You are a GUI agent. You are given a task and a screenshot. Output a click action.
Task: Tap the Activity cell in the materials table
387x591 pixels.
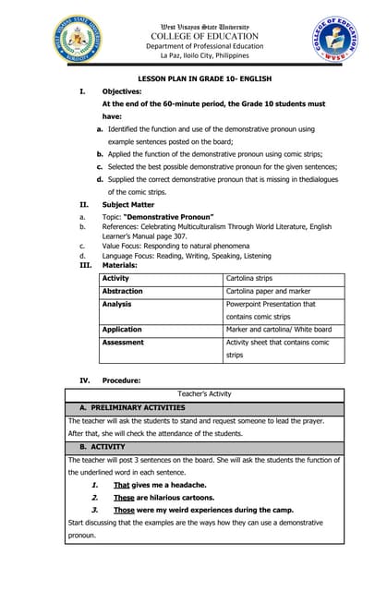(116, 278)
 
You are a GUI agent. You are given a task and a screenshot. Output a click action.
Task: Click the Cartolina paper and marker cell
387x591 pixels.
(268, 291)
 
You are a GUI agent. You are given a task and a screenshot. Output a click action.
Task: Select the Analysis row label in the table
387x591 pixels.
(116, 304)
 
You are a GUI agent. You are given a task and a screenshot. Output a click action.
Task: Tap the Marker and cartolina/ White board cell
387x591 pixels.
(278, 329)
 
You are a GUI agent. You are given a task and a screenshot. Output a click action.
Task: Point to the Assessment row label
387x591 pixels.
(123, 342)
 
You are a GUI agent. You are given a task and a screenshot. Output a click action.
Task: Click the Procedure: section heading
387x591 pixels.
(121, 380)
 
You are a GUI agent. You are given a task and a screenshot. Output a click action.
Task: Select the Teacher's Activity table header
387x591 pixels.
(204, 393)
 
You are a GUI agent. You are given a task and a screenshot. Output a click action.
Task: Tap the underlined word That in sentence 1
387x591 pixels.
(121, 485)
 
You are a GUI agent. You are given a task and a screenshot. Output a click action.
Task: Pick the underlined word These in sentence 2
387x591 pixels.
(124, 497)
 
